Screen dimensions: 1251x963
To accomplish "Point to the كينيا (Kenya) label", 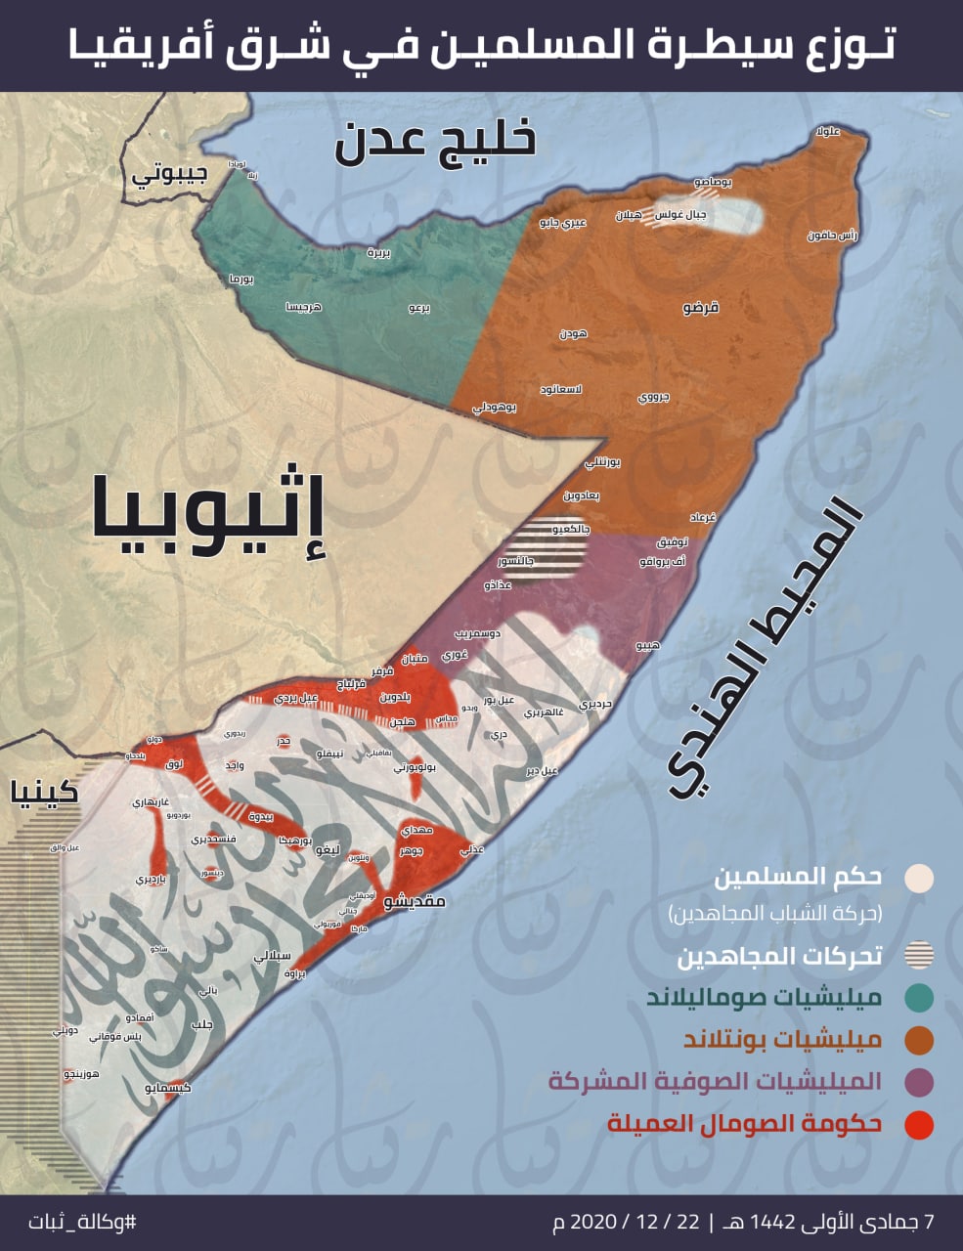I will (44, 791).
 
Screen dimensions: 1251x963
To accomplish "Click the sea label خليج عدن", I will (436, 141).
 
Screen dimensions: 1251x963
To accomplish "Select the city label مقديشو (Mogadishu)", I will (414, 900).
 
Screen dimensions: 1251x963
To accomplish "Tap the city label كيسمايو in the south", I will (167, 1087).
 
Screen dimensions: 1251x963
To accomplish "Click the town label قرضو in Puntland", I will (700, 308).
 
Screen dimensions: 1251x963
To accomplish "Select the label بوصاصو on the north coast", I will (714, 182).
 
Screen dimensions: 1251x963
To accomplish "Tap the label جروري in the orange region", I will (653, 398).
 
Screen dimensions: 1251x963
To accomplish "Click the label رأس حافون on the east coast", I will (832, 236).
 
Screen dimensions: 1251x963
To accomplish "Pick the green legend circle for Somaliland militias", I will (919, 998).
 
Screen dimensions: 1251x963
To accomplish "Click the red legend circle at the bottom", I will (919, 1124).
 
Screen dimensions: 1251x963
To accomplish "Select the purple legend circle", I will (919, 1082).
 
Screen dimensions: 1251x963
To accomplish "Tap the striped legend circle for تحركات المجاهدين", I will (919, 956).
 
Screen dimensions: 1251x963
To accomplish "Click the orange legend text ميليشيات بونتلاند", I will (782, 1040).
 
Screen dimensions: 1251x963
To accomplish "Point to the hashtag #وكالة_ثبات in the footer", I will (82, 1222).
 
